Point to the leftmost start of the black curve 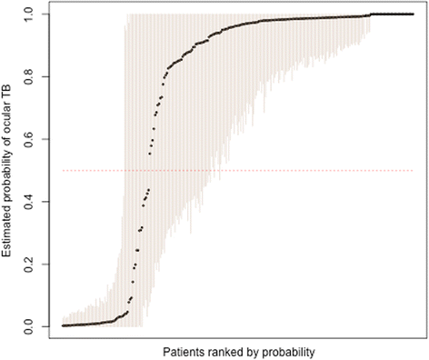point(63,325)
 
